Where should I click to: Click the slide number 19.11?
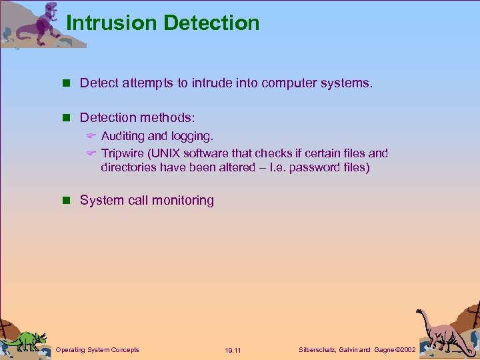[x=233, y=350]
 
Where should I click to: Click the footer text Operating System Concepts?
[x=97, y=350]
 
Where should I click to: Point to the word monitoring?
[x=183, y=201]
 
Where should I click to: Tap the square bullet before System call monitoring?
[x=65, y=200]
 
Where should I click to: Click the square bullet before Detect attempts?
[x=65, y=83]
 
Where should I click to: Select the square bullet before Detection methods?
[x=65, y=118]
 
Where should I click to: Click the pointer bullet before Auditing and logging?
[x=92, y=136]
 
